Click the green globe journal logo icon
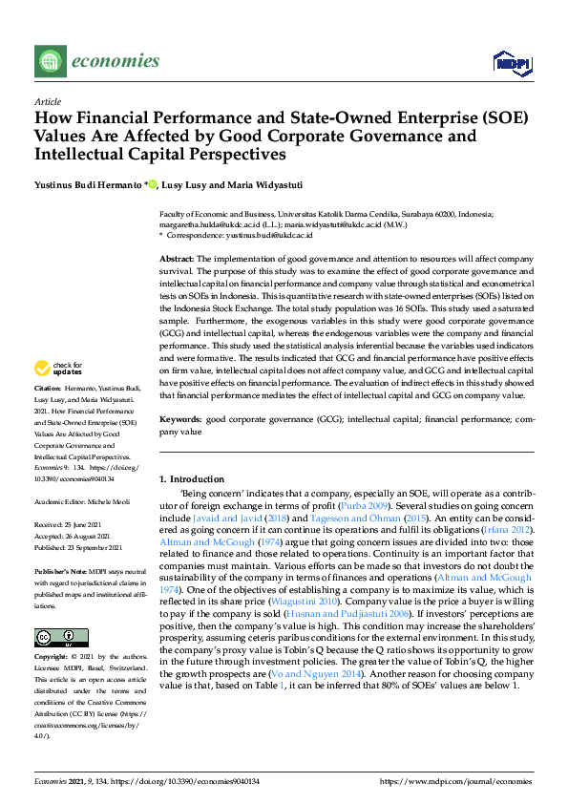coord(49,62)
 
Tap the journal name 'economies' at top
coord(115,62)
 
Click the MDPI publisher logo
coord(512,63)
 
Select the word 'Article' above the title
coord(47,102)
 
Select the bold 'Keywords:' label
coord(180,419)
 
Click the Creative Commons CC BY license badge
coord(54,638)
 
